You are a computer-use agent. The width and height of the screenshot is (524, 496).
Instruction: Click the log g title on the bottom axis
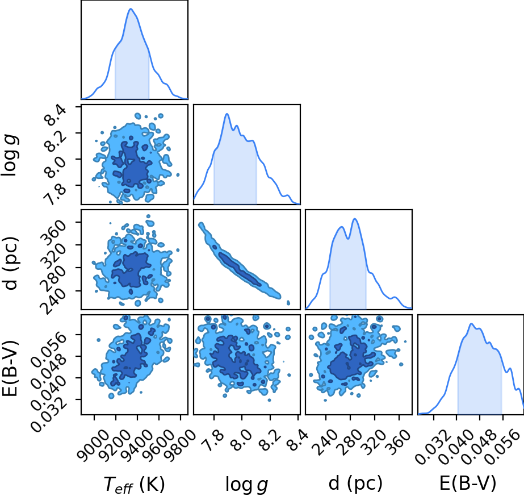pos(246,484)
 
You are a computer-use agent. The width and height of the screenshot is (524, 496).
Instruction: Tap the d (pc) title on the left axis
pos(10,260)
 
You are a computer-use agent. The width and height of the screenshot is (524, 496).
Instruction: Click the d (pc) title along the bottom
pos(355,484)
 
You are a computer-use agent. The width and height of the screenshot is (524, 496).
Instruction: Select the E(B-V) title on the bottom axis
pos(468,484)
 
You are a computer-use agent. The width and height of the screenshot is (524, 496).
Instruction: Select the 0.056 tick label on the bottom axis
pos(502,445)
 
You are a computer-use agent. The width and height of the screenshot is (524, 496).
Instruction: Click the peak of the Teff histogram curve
pos(131,9)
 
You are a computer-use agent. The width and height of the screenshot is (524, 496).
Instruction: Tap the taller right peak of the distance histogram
pos(355,219)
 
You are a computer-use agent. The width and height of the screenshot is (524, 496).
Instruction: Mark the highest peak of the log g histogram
pos(227,114)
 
